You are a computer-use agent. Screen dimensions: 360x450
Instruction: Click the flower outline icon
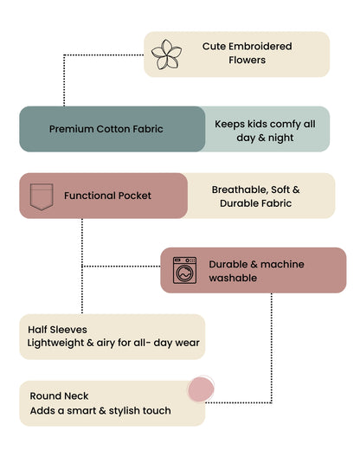pyautogui.click(x=166, y=55)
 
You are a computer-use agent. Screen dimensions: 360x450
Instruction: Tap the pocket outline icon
pyautogui.click(x=42, y=196)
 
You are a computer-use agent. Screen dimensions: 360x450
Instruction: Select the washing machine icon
pyautogui.click(x=184, y=270)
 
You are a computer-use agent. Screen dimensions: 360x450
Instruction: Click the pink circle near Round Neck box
pyautogui.click(x=201, y=389)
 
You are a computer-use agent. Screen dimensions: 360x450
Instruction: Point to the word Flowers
pyautogui.click(x=247, y=60)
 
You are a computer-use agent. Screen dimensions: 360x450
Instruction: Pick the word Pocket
pyautogui.click(x=135, y=196)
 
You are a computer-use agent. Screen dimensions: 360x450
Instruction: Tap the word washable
pyautogui.click(x=233, y=278)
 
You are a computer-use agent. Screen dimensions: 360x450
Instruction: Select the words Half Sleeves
pyautogui.click(x=57, y=330)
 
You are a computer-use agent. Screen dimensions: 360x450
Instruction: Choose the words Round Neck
pyautogui.click(x=59, y=396)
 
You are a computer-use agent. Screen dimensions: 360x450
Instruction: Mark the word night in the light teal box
pyautogui.click(x=280, y=138)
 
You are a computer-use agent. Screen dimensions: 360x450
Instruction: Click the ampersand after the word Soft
pyautogui.click(x=296, y=190)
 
